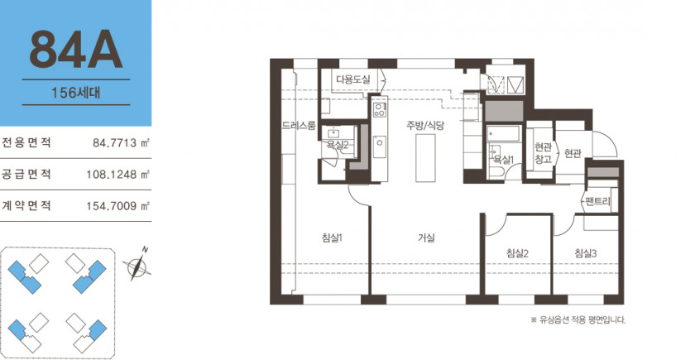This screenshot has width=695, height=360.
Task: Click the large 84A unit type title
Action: point(76,50)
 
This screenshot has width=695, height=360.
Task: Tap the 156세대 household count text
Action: point(76,93)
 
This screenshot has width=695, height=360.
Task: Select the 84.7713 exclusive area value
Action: point(121,142)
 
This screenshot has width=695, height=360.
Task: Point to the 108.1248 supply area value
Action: point(117,175)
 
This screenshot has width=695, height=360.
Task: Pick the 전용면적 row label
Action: point(26,142)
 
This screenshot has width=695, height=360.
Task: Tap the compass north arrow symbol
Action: point(137,265)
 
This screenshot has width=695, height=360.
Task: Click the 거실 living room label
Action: point(426,238)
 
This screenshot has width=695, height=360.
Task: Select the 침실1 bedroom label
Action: point(332,238)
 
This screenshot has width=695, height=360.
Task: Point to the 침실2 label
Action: point(517,253)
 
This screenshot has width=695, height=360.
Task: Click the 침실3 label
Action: point(586,253)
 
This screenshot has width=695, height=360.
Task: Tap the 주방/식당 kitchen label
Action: point(425,126)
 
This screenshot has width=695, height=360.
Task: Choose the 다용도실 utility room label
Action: point(352,79)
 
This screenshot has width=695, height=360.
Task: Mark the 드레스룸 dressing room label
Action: point(299,126)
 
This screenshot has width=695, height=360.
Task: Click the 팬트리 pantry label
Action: point(598,201)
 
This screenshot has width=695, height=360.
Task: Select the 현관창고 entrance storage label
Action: point(543,153)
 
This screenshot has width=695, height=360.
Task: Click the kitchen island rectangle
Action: point(425,158)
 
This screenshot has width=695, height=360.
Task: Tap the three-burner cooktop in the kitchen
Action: point(380,109)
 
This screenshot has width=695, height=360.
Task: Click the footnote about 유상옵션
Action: point(578,319)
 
